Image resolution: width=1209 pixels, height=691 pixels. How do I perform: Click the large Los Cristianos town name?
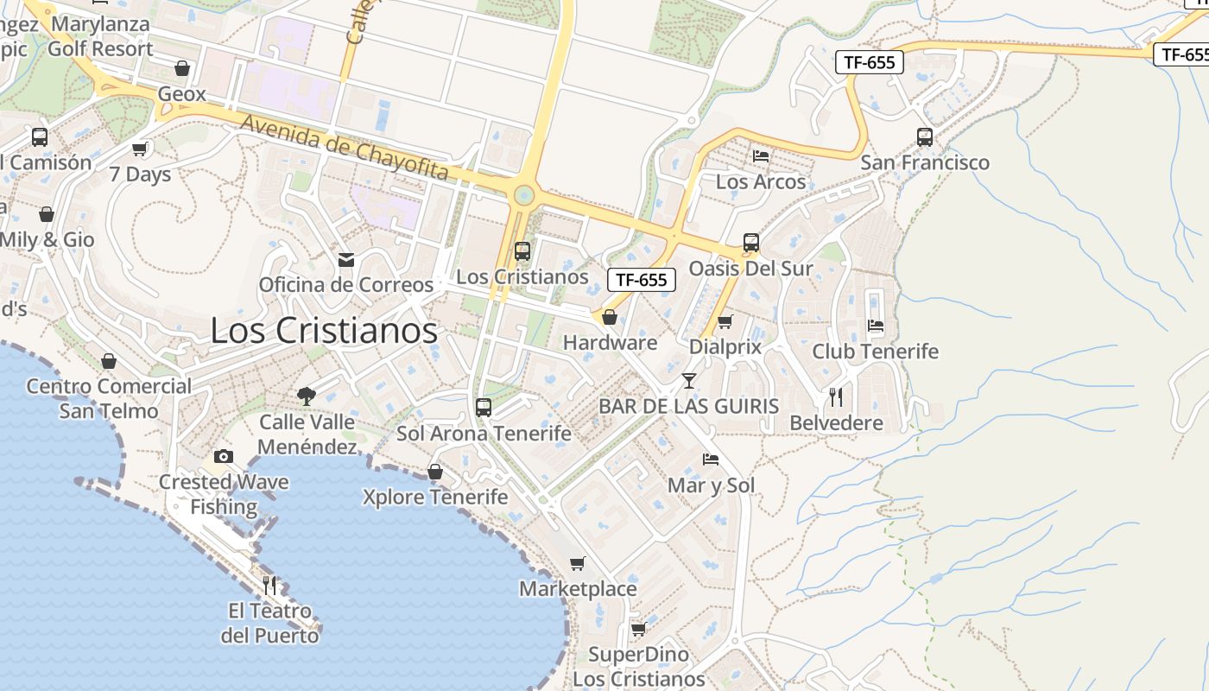(324, 331)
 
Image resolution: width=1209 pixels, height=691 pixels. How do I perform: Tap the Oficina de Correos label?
(346, 284)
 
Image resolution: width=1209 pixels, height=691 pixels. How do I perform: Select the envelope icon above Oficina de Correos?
(346, 259)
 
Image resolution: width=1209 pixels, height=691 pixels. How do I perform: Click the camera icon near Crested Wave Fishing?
(224, 456)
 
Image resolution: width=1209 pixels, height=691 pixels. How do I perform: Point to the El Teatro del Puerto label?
(269, 623)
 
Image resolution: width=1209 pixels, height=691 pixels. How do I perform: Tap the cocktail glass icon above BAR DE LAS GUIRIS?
(688, 380)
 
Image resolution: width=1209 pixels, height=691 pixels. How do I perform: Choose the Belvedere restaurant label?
(836, 423)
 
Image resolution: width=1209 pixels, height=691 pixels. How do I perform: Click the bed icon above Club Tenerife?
(875, 326)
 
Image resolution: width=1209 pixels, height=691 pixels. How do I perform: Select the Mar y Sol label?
(711, 485)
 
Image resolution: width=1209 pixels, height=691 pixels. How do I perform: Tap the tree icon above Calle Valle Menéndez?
(306, 396)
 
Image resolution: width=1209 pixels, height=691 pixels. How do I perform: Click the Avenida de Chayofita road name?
(345, 149)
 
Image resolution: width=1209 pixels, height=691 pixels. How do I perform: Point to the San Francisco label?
(925, 162)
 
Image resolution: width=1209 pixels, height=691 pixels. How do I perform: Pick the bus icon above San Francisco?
(925, 136)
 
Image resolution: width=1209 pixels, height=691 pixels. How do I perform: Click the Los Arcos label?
(761, 181)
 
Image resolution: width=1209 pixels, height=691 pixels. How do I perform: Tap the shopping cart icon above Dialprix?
(725, 321)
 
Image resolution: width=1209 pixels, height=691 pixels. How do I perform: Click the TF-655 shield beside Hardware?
(641, 279)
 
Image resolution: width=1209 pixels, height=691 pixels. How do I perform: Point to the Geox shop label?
(182, 93)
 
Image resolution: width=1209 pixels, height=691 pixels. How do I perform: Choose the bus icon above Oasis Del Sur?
(751, 243)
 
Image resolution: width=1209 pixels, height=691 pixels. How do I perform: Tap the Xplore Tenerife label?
(435, 497)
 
